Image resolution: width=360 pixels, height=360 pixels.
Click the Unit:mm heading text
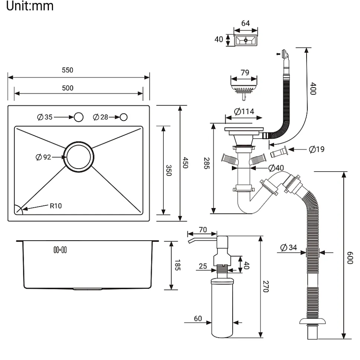(x=30, y=6)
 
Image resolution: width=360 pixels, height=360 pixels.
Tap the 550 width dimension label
(x=67, y=70)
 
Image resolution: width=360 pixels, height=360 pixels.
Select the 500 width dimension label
(x=67, y=88)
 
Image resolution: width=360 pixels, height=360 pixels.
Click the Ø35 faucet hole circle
(x=78, y=117)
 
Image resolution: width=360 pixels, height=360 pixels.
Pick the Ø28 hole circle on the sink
(x=123, y=117)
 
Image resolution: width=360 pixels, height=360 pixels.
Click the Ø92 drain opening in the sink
(x=78, y=157)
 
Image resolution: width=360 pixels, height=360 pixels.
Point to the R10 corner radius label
(x=56, y=206)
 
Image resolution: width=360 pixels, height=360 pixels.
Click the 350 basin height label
(x=168, y=170)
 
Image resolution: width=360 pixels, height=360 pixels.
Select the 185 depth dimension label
(x=177, y=265)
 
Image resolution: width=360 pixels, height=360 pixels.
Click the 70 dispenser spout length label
(x=203, y=229)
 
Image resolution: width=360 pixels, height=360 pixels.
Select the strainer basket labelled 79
(x=244, y=89)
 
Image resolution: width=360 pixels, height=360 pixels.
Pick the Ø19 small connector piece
(x=279, y=152)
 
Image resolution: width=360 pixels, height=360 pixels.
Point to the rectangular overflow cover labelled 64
(x=246, y=39)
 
